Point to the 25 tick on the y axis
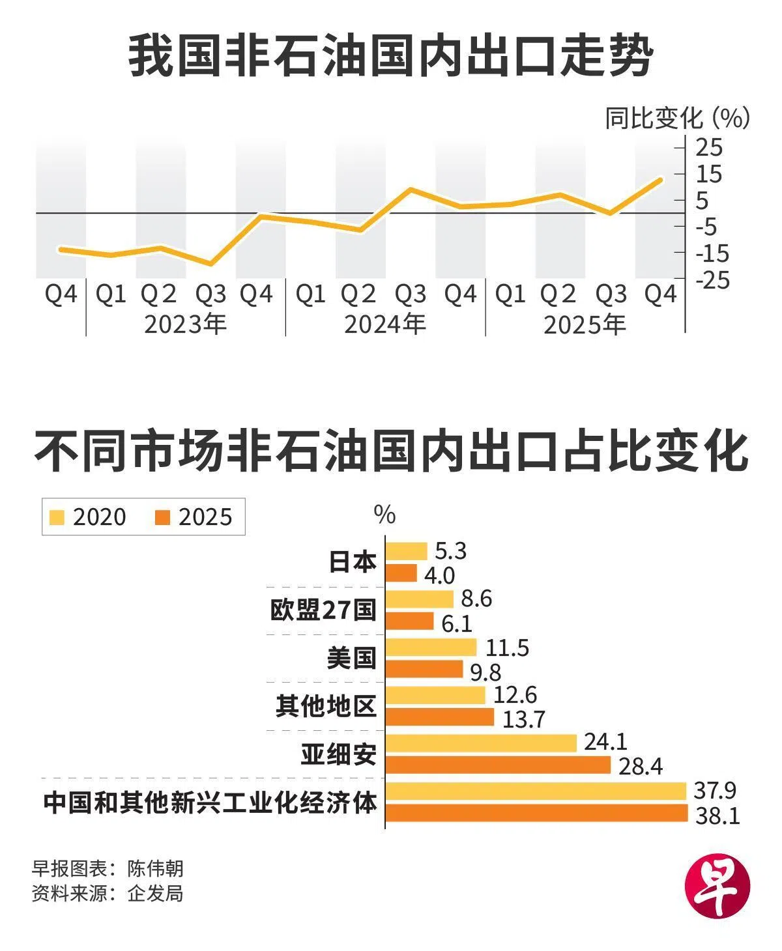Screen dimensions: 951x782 (710, 148)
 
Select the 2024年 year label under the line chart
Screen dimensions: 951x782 (384, 324)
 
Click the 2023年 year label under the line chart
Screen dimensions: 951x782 (185, 324)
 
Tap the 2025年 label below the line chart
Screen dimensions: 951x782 (585, 324)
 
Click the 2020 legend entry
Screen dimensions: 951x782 (87, 517)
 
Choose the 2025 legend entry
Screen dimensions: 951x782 (194, 517)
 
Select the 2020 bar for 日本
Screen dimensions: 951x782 (407, 551)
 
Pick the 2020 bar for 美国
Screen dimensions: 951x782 (431, 647)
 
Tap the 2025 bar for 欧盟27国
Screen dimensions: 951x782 (410, 621)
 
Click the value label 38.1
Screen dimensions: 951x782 (717, 815)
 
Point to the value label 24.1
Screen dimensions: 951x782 (605, 741)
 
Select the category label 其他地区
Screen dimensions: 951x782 (326, 705)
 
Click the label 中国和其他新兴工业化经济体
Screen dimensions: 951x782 (210, 802)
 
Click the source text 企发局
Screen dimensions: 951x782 (155, 893)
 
